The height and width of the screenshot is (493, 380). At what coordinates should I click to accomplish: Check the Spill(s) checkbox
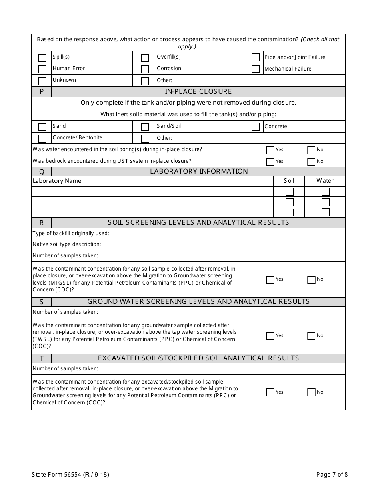(x=42, y=57)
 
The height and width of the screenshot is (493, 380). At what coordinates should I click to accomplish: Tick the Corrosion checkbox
(x=145, y=69)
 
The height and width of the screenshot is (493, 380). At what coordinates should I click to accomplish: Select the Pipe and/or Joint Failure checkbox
(x=256, y=57)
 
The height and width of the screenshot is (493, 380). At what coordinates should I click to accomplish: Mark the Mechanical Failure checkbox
(x=256, y=69)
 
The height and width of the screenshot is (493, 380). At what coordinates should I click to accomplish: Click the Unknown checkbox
(x=42, y=81)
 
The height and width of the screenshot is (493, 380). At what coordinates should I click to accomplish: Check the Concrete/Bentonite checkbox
(x=42, y=138)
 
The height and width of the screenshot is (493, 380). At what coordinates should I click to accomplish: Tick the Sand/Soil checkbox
(x=145, y=127)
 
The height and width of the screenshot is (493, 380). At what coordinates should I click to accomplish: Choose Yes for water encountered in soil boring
(x=270, y=150)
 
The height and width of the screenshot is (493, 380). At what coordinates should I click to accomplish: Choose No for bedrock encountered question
(x=311, y=162)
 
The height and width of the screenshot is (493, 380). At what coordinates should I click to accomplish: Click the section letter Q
(x=42, y=172)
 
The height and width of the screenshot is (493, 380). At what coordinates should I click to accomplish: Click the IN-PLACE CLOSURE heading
(x=198, y=91)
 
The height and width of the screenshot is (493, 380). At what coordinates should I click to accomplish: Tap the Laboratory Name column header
(x=57, y=181)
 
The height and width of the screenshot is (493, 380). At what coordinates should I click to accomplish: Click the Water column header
(x=325, y=181)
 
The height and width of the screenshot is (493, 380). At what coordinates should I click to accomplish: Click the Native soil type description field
(x=230, y=244)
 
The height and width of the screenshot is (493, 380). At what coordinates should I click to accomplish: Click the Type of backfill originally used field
(x=230, y=234)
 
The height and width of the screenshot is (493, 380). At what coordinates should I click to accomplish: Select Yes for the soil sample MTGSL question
(x=270, y=279)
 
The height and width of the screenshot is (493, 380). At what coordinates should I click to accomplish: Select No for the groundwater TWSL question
(x=311, y=336)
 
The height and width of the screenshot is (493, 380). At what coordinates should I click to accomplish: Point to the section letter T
(x=42, y=358)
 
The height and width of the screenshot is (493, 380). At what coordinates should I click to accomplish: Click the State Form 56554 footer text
(x=70, y=475)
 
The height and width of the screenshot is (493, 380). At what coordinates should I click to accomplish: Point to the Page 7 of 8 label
(x=332, y=475)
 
